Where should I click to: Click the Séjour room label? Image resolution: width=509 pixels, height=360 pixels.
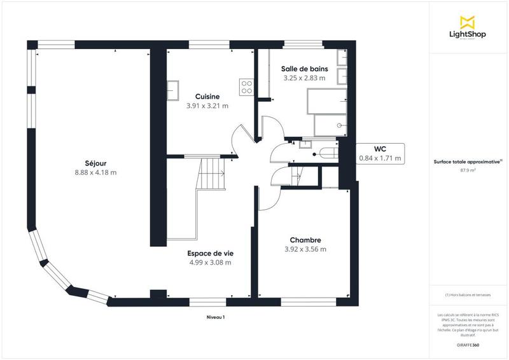click(x=95, y=163)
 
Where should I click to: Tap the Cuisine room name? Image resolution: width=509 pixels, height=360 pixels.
click(x=207, y=97)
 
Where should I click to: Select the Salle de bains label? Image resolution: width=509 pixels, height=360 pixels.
click(x=304, y=69)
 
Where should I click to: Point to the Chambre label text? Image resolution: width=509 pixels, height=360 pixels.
click(x=305, y=240)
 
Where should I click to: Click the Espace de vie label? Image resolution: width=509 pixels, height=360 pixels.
click(x=209, y=253)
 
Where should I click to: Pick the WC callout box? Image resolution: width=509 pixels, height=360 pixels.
click(x=380, y=153)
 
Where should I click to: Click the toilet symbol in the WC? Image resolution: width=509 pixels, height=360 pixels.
click(x=328, y=153)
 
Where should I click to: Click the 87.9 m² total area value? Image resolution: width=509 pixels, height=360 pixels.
click(x=468, y=170)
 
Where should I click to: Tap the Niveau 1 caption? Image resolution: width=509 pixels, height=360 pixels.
click(x=216, y=316)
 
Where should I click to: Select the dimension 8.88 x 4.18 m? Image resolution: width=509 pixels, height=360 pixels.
click(x=95, y=172)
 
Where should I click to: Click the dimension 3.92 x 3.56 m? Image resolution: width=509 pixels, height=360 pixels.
click(x=305, y=249)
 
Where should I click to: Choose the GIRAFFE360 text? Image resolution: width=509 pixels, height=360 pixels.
click(x=468, y=343)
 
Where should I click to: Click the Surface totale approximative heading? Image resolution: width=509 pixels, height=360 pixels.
click(x=468, y=162)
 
